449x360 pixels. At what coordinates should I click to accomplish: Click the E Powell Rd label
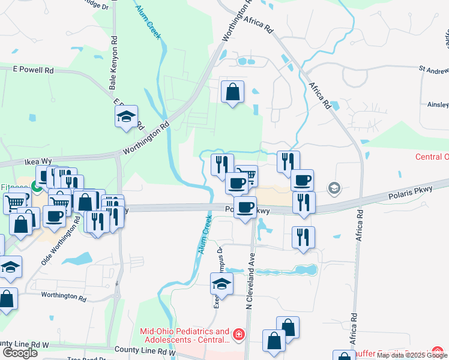click(x=34, y=70)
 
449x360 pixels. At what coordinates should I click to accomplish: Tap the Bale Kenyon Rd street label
click(x=113, y=67)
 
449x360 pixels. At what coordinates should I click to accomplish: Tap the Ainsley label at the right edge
click(x=438, y=104)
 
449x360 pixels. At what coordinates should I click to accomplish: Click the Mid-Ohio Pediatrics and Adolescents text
click(x=184, y=335)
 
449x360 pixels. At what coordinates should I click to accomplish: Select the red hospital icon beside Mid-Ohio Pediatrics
click(x=239, y=334)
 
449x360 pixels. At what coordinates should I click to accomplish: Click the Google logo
click(x=20, y=353)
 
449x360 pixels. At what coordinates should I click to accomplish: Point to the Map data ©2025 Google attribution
click(x=412, y=355)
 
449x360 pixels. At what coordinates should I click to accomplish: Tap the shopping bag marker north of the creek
click(x=232, y=93)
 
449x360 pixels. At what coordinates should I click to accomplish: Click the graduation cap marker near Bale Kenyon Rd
click(x=126, y=117)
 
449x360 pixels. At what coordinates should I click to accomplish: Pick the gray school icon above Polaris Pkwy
click(x=334, y=189)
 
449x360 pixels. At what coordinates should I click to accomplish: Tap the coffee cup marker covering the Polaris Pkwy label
click(x=245, y=208)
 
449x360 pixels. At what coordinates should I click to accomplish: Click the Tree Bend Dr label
click(x=85, y=358)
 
